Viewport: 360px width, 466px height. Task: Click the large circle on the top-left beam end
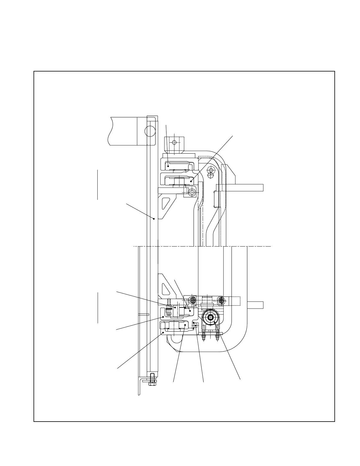(x=150, y=131)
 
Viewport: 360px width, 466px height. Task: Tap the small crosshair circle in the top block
(x=174, y=142)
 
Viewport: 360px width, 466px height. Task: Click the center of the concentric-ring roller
(x=211, y=317)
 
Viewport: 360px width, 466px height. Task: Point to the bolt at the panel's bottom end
(x=152, y=380)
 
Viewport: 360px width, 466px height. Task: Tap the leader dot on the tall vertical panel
(x=154, y=219)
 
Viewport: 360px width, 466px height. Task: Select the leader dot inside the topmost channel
(x=168, y=166)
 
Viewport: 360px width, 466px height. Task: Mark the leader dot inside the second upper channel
(x=191, y=182)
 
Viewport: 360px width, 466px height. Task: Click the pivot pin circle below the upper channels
(x=192, y=193)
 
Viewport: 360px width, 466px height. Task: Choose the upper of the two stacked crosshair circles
(x=211, y=170)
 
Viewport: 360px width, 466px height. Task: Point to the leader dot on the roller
(x=215, y=322)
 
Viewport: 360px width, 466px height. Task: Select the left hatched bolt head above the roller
(x=192, y=300)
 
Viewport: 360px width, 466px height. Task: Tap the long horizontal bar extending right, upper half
(x=244, y=187)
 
